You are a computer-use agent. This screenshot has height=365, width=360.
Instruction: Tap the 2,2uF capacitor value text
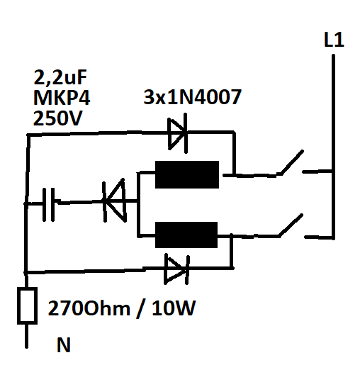[x=62, y=77]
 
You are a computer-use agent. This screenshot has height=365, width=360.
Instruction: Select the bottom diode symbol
[x=176, y=269]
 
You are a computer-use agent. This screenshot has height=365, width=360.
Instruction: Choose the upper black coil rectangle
[x=187, y=174]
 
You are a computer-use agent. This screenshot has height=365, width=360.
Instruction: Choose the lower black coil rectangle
[x=187, y=234]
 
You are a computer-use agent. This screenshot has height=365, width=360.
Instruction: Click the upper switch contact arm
[x=291, y=162]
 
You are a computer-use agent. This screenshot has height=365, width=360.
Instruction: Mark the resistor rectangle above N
[x=28, y=305]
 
